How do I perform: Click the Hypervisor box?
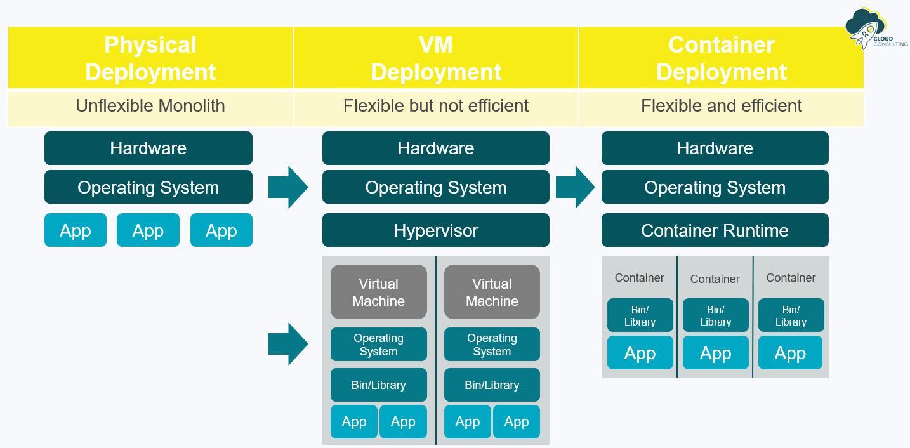coord(435,230)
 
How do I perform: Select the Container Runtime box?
coord(715,230)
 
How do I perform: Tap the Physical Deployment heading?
coord(150,58)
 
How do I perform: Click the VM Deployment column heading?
coord(436,58)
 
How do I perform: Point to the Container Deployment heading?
coord(722,58)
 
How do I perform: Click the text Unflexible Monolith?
coord(150,106)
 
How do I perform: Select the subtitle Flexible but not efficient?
coord(436,106)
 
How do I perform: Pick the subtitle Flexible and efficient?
coord(722,106)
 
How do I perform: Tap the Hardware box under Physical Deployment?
coord(148,148)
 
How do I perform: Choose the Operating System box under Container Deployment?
coord(715,187)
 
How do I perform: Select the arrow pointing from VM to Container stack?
coord(575,187)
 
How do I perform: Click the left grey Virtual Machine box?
coord(378,292)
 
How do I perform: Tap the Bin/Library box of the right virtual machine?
coord(492,385)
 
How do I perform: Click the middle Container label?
coord(715,279)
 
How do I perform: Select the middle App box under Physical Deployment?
coord(148,230)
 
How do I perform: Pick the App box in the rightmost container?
coord(790,353)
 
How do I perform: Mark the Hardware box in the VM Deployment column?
coord(435,148)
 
